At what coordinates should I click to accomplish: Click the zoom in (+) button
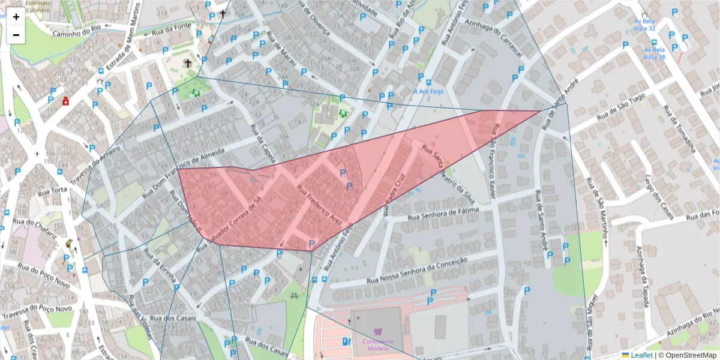tap(16, 17)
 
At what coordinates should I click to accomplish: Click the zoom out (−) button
tap(16, 35)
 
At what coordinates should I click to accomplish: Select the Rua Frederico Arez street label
tap(319, 203)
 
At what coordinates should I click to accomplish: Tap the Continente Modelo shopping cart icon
tap(377, 331)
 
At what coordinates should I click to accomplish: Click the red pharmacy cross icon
tap(65, 101)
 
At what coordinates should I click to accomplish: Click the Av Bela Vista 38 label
tap(654, 53)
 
